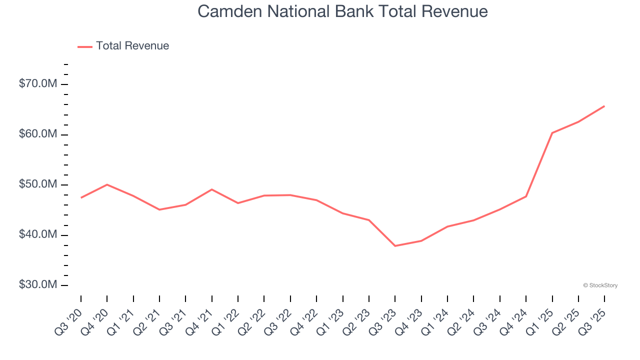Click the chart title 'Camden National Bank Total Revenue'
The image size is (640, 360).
point(342,11)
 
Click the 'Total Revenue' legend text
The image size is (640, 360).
point(132,46)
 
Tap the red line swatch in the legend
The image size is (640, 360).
point(85,46)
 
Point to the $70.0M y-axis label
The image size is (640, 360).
point(38,84)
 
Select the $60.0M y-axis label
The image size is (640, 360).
point(38,134)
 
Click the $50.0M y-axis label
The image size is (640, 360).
point(38,184)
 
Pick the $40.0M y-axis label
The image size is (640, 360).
point(38,235)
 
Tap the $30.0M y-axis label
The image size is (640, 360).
point(38,285)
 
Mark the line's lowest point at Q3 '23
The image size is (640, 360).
point(395,246)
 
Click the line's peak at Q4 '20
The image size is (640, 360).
point(107,184)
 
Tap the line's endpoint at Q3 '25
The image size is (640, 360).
point(604,106)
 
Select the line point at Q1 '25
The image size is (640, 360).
point(552,133)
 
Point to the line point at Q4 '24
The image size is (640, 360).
point(526,196)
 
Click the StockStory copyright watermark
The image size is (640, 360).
point(600,285)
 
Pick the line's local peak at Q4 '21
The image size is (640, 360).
point(212,189)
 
